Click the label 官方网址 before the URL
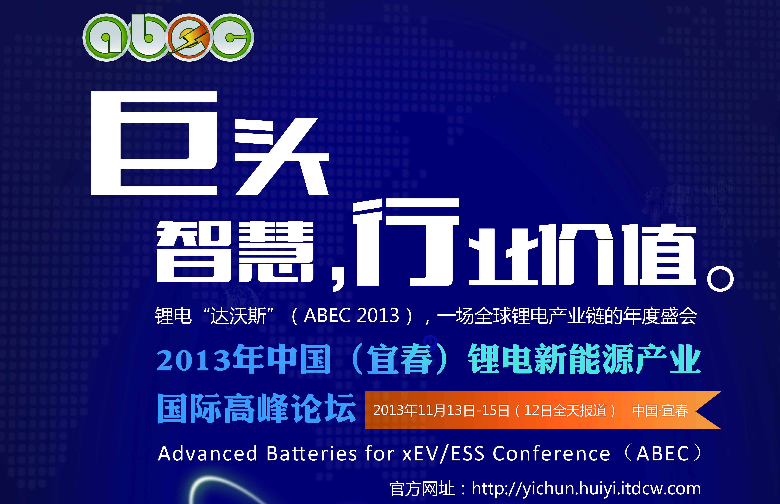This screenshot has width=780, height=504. (422, 489)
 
